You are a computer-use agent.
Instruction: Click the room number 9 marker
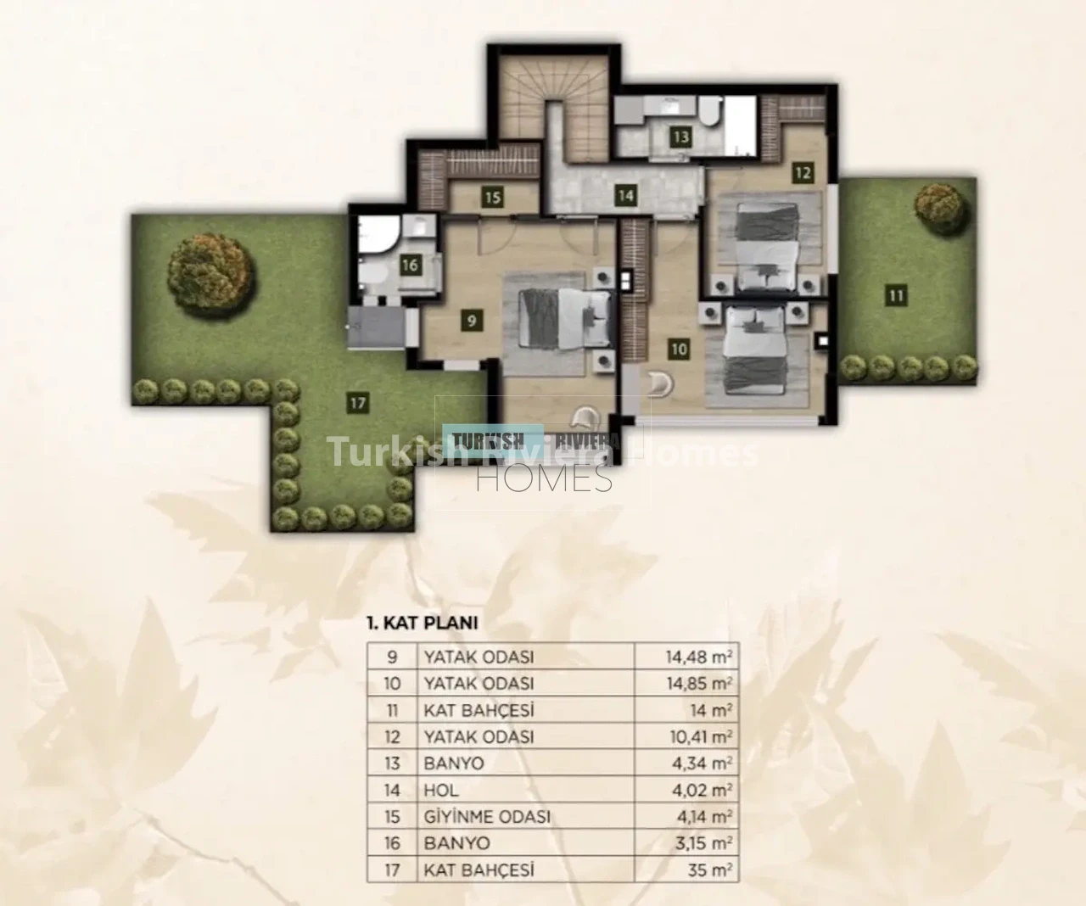471,321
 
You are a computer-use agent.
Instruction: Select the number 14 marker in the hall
625,196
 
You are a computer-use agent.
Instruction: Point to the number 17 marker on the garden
358,403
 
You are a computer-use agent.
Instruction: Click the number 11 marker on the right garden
896,296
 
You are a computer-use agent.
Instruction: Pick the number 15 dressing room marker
493,198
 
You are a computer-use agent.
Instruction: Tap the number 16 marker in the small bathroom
410,266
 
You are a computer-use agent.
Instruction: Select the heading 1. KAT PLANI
422,624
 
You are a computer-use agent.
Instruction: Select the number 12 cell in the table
392,736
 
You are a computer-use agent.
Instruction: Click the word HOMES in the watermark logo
544,478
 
